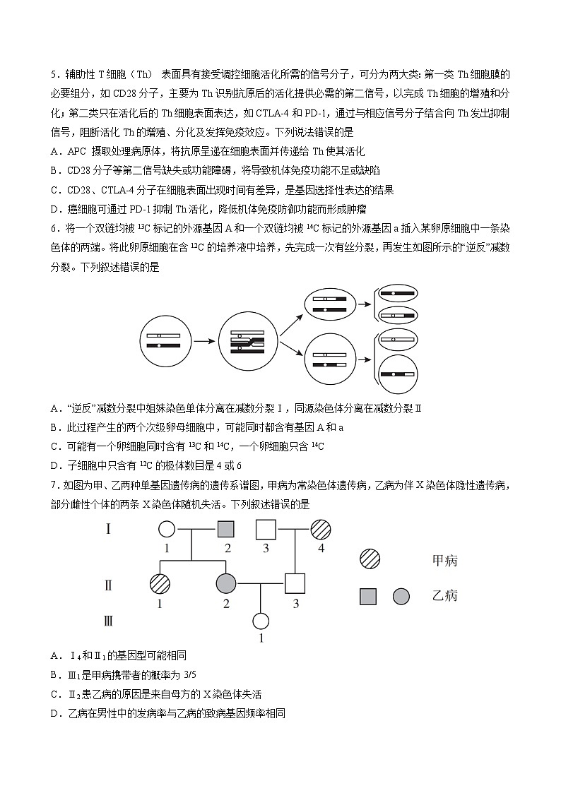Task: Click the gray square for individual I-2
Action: click(x=225, y=528)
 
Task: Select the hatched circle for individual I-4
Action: click(x=320, y=528)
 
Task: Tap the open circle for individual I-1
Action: click(x=166, y=528)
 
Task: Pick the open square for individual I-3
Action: click(x=265, y=528)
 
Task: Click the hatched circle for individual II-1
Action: click(x=160, y=583)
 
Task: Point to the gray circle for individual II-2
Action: click(x=226, y=583)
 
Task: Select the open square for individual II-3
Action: click(x=295, y=583)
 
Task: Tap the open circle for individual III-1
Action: click(x=261, y=621)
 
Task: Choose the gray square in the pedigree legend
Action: click(x=368, y=596)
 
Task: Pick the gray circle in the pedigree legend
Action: click(x=401, y=596)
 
